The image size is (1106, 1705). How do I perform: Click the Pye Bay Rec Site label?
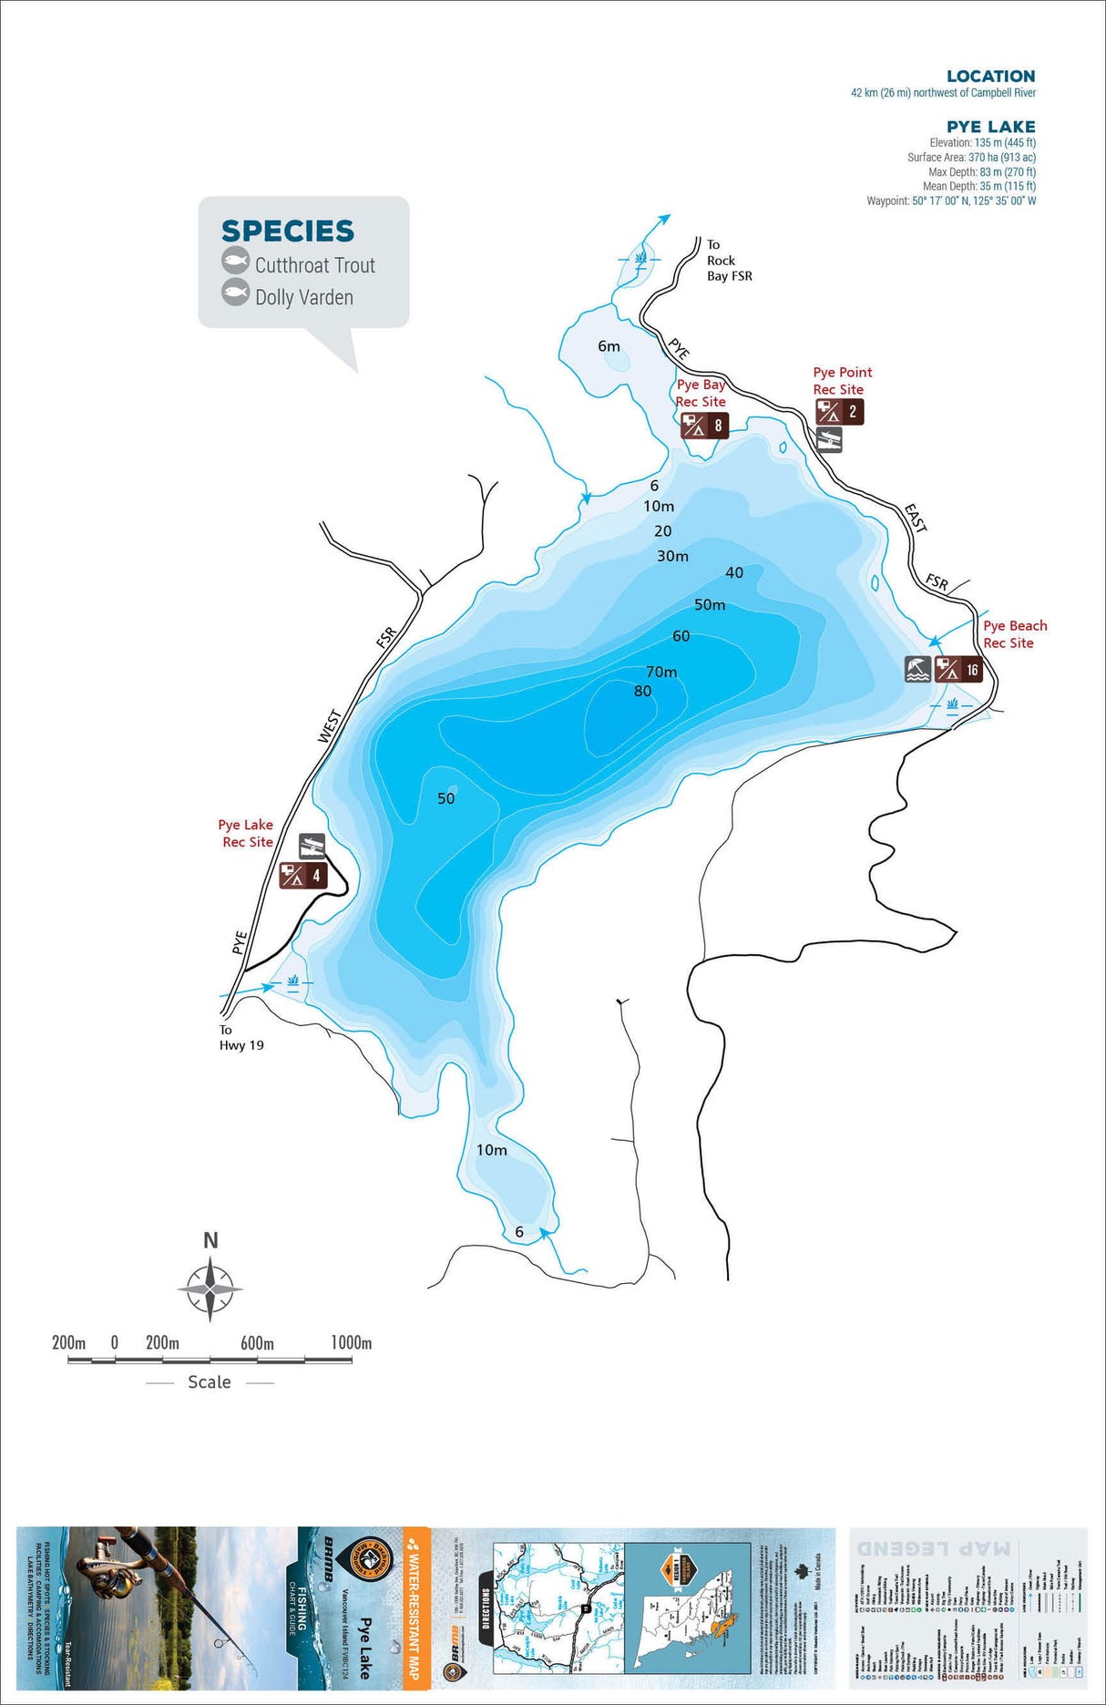click(701, 393)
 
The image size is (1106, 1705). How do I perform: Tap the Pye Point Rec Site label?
click(842, 381)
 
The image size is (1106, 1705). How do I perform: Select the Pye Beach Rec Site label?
click(1014, 634)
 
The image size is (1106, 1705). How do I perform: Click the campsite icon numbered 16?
click(958, 670)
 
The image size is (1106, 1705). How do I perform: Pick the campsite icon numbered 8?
click(704, 426)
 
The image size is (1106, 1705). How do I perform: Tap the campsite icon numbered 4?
click(302, 876)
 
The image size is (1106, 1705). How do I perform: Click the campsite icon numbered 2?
click(839, 412)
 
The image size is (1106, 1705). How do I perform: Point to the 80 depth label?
click(642, 692)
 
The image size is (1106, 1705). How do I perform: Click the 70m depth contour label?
click(661, 672)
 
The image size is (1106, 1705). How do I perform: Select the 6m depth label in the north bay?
click(609, 346)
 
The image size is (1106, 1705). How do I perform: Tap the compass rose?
click(210, 1289)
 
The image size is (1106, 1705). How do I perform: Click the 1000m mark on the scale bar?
click(351, 1343)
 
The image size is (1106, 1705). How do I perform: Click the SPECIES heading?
click(288, 231)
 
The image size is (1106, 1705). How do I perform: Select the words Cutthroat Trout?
click(314, 266)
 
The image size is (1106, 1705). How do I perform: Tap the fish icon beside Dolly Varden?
click(236, 293)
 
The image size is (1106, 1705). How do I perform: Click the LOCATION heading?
click(990, 77)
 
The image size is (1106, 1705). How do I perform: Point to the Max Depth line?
click(978, 172)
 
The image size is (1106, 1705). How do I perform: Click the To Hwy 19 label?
click(241, 1038)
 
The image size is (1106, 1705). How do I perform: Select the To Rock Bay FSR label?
click(729, 261)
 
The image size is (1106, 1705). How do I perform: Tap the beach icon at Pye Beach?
click(917, 669)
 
